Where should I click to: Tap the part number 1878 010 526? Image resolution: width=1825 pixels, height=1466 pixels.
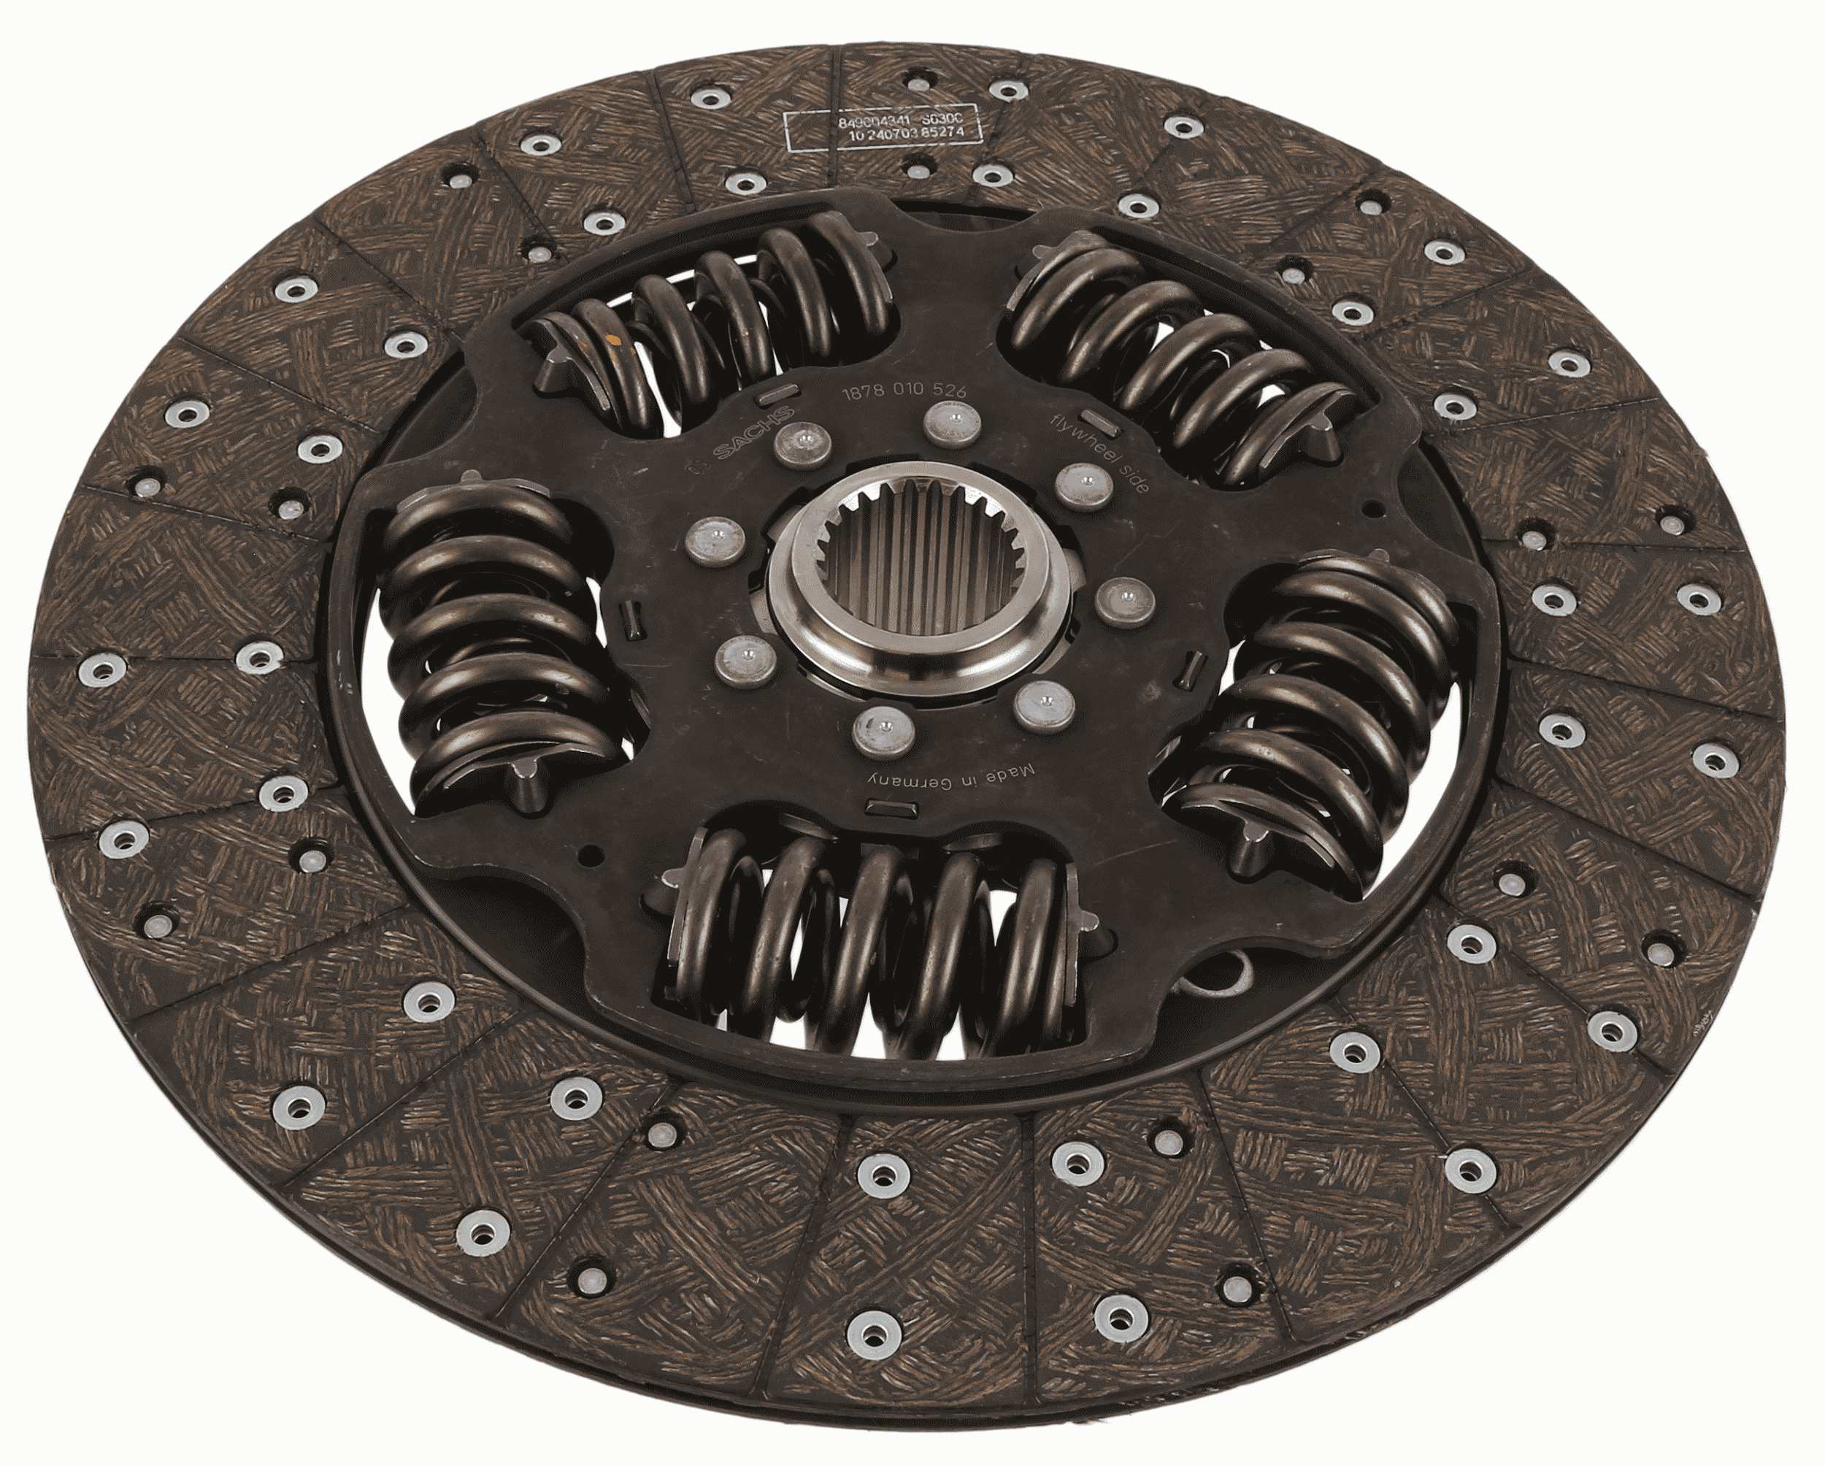point(901,393)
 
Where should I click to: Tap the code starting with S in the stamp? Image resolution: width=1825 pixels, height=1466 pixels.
point(954,123)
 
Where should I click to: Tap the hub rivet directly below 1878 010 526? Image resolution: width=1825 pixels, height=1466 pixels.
point(948,421)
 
